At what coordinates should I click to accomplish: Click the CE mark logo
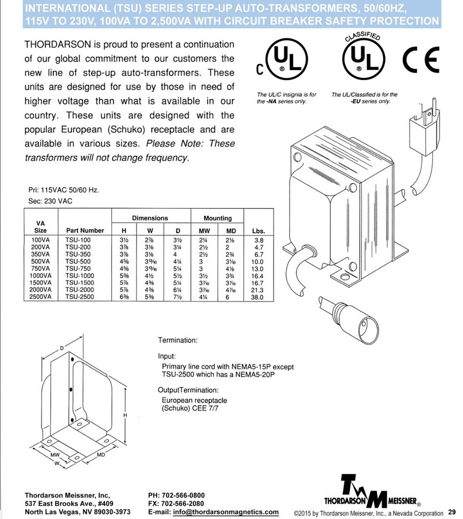422,60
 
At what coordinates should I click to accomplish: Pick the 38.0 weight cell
257,297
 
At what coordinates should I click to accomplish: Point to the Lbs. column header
257,230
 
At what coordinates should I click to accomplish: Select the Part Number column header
85,230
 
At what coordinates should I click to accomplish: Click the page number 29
451,511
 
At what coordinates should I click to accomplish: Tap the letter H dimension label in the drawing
125,415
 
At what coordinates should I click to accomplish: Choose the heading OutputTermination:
188,390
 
